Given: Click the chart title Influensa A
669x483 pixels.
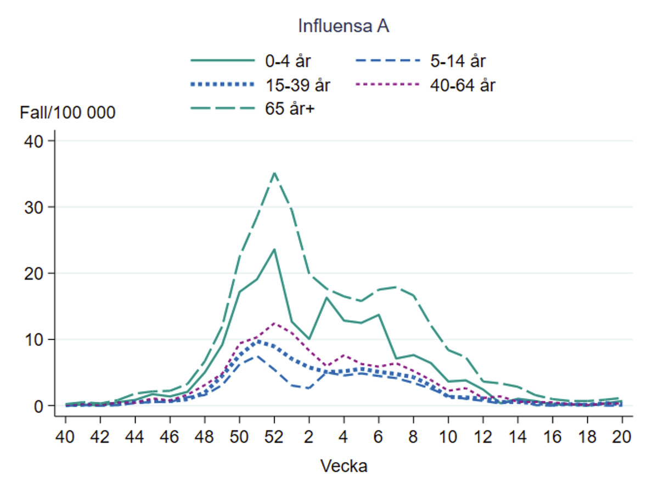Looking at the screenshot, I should (x=344, y=26).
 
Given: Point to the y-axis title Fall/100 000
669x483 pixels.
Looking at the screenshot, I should (x=68, y=113).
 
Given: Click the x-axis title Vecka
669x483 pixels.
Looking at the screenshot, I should (x=344, y=466).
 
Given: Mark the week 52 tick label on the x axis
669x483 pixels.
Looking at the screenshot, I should (x=274, y=437).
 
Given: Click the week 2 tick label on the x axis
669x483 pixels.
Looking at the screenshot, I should (x=309, y=437).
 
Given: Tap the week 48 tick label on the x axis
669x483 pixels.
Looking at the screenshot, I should (x=204, y=437).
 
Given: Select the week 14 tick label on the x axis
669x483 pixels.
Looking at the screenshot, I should (x=518, y=437).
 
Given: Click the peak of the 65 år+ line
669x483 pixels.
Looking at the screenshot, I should (x=274, y=172).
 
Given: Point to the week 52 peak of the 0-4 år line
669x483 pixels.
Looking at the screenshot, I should (x=274, y=249).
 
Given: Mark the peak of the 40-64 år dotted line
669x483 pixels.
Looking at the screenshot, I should (x=274, y=323).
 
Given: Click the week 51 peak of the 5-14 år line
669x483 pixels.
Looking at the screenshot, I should (x=256, y=356).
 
